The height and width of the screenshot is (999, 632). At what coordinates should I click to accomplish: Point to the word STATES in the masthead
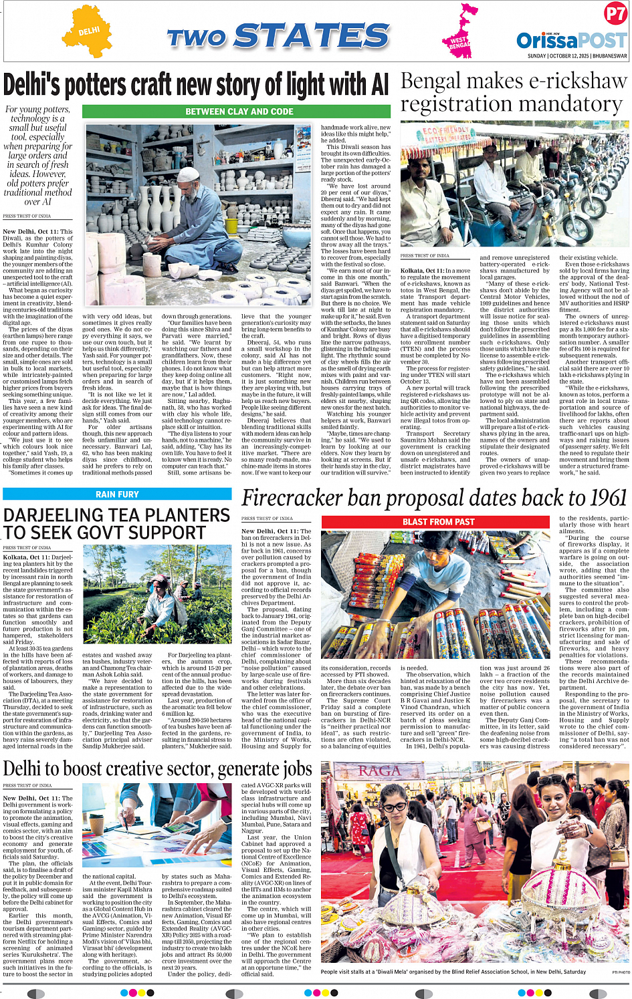tap(312, 36)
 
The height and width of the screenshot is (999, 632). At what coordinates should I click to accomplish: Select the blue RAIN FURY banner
tap(117, 494)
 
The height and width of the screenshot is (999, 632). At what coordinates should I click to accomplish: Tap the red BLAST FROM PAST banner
tap(438, 522)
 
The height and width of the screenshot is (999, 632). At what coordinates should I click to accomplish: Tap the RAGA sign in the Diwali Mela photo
tap(379, 771)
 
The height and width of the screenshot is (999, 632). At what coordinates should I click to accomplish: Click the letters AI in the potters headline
tap(379, 85)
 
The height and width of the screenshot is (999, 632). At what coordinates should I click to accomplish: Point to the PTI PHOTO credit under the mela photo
tap(620, 972)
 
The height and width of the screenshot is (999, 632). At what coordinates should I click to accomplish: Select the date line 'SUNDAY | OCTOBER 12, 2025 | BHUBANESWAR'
tap(577, 56)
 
